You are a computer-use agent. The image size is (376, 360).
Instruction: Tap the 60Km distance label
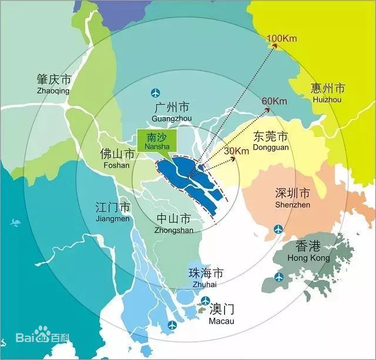click(x=274, y=101)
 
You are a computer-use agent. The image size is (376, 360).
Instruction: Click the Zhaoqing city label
click(x=53, y=84)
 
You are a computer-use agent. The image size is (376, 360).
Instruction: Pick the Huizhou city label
click(x=327, y=93)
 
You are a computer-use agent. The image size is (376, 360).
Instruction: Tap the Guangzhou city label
click(x=171, y=112)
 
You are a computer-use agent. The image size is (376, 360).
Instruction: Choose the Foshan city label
click(x=116, y=158)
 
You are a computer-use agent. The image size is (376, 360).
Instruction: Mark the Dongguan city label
click(x=270, y=141)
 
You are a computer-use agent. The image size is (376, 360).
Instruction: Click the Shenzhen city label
click(x=292, y=198)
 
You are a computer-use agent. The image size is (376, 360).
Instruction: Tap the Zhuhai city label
click(x=204, y=278)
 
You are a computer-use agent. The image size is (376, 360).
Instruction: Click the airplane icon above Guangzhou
click(x=156, y=92)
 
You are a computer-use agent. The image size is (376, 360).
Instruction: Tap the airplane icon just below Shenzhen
click(x=277, y=229)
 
